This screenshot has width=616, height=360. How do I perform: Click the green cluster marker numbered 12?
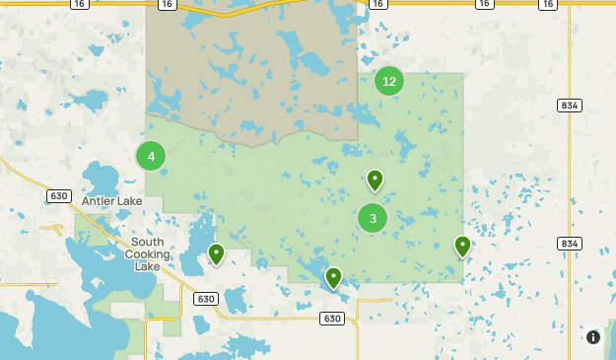[x=389, y=81]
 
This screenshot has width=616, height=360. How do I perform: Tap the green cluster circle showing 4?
[x=151, y=156]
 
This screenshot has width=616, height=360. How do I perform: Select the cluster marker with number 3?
[x=373, y=218]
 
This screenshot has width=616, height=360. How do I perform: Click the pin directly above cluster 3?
[x=375, y=180]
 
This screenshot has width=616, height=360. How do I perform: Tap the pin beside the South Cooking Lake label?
[x=216, y=254]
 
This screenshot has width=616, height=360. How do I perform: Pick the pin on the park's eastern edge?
[x=462, y=246]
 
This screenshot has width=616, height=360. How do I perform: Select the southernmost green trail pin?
[x=334, y=278]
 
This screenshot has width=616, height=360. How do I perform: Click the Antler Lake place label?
[x=111, y=201]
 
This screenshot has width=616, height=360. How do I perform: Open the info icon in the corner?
[x=593, y=337]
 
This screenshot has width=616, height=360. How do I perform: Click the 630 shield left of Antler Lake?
[x=58, y=196]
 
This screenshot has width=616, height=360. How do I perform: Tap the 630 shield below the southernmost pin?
[x=332, y=319]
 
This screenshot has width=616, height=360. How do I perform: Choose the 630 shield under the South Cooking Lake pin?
[x=205, y=299]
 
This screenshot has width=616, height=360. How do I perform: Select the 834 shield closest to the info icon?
[x=569, y=244]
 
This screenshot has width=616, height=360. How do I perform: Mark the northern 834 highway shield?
[x=569, y=106]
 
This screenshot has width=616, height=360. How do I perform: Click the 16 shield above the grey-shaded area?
[x=167, y=5]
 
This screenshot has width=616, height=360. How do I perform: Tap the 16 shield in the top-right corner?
[x=548, y=5]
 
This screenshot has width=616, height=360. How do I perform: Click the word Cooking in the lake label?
[x=147, y=253]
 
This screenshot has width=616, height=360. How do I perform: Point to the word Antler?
[x=100, y=201]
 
